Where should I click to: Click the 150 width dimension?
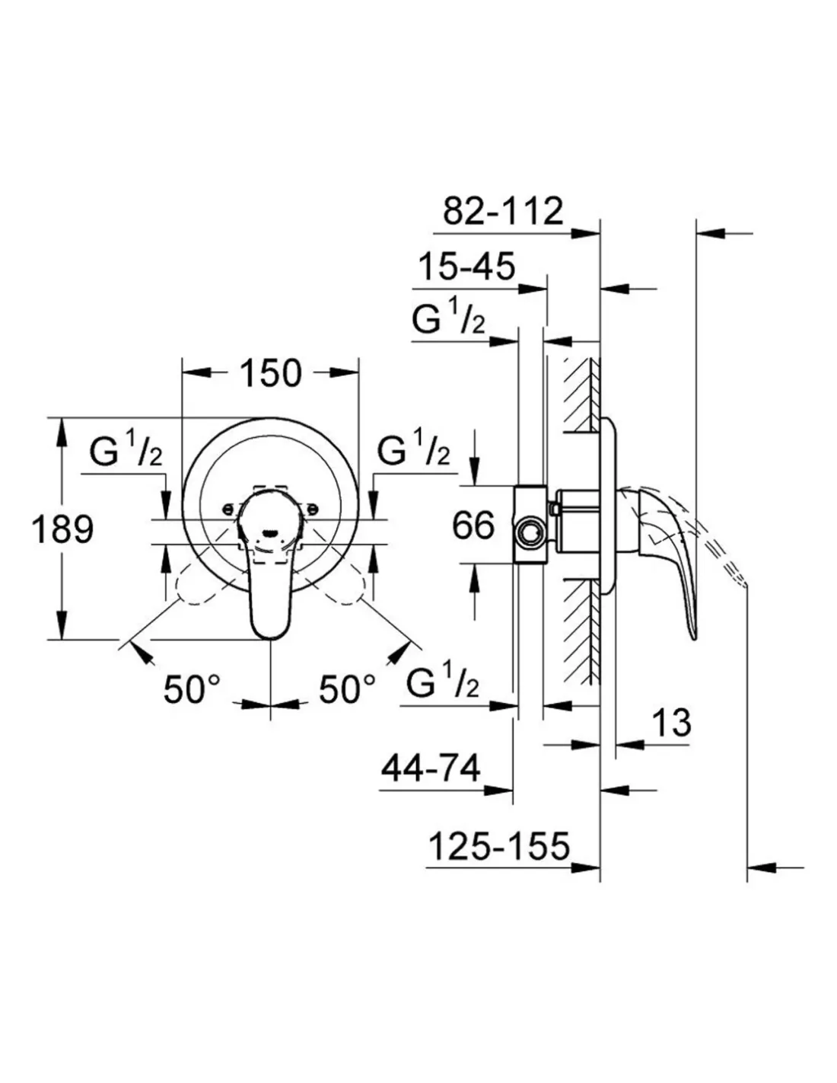(x=271, y=373)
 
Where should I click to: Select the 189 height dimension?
(x=62, y=529)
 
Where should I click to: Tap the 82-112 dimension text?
(x=503, y=211)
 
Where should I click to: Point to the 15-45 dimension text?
(x=467, y=267)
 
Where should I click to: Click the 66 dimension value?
(x=473, y=525)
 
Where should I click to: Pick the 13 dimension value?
(x=671, y=722)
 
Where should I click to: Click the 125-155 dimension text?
(x=498, y=846)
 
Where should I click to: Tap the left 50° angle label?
(x=192, y=690)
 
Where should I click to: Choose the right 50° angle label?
(x=347, y=690)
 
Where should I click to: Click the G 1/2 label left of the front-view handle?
(x=126, y=454)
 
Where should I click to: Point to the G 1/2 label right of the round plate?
(x=413, y=454)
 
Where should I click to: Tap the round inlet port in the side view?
(x=530, y=530)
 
